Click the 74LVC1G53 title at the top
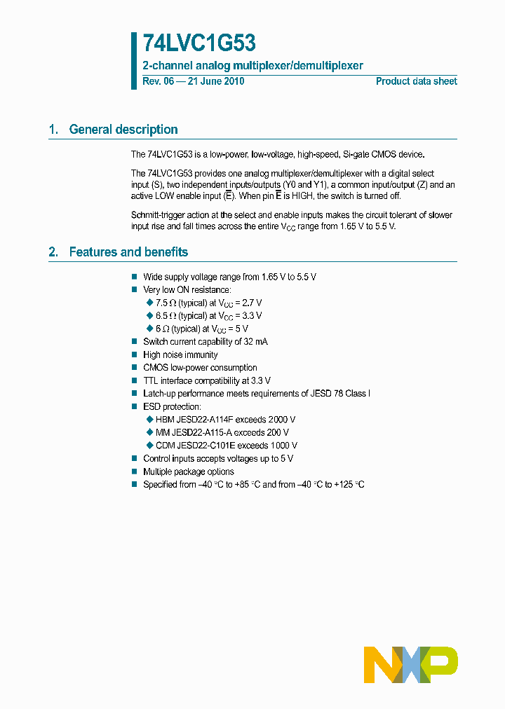(x=199, y=44)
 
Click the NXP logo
(x=410, y=665)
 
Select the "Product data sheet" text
(x=416, y=81)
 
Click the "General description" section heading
(x=123, y=130)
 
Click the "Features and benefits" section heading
(x=128, y=252)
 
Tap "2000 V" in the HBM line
(x=282, y=420)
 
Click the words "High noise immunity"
(x=180, y=355)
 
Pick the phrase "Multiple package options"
(x=188, y=472)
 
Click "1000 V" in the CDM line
(x=284, y=446)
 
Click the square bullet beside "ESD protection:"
(x=135, y=407)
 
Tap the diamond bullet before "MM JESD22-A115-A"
(x=149, y=432)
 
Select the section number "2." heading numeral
(x=53, y=252)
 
